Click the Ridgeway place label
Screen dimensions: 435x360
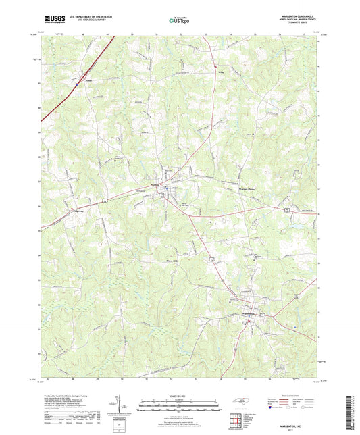tap(79, 211)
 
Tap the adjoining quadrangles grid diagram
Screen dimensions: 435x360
tap(236, 422)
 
